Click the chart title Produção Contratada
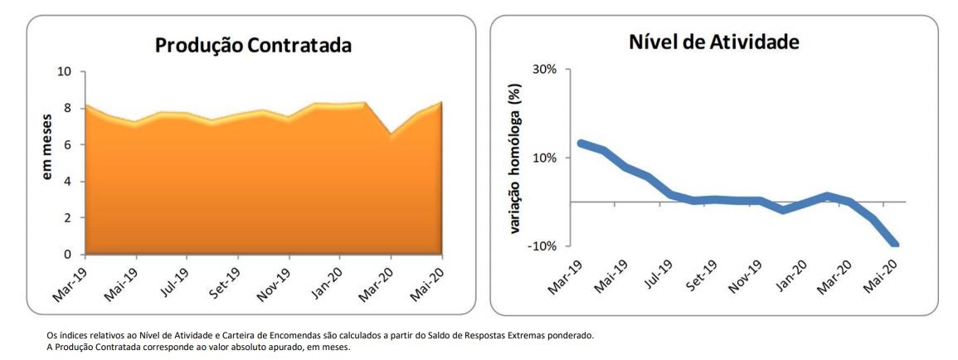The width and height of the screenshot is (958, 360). coord(253,46)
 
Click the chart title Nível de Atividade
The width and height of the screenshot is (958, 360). coord(713,41)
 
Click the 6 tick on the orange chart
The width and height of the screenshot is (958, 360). coord(67,145)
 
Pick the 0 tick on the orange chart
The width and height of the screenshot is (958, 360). coord(67,255)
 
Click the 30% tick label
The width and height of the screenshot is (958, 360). coord(544,70)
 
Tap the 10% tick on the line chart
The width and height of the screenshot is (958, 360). coord(544,158)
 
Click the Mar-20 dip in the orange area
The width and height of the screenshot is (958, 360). coord(391,134)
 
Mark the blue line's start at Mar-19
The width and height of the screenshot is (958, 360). coord(581,144)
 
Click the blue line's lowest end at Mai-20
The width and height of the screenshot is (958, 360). coord(894,244)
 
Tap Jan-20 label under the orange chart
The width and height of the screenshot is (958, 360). coord(332,280)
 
